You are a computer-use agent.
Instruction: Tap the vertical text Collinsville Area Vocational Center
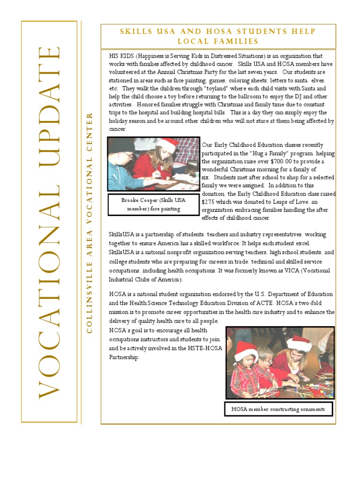pyautogui.click(x=89, y=223)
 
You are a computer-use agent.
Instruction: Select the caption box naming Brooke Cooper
pyautogui.click(x=154, y=204)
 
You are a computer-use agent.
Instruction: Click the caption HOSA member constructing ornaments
pyautogui.click(x=278, y=409)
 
